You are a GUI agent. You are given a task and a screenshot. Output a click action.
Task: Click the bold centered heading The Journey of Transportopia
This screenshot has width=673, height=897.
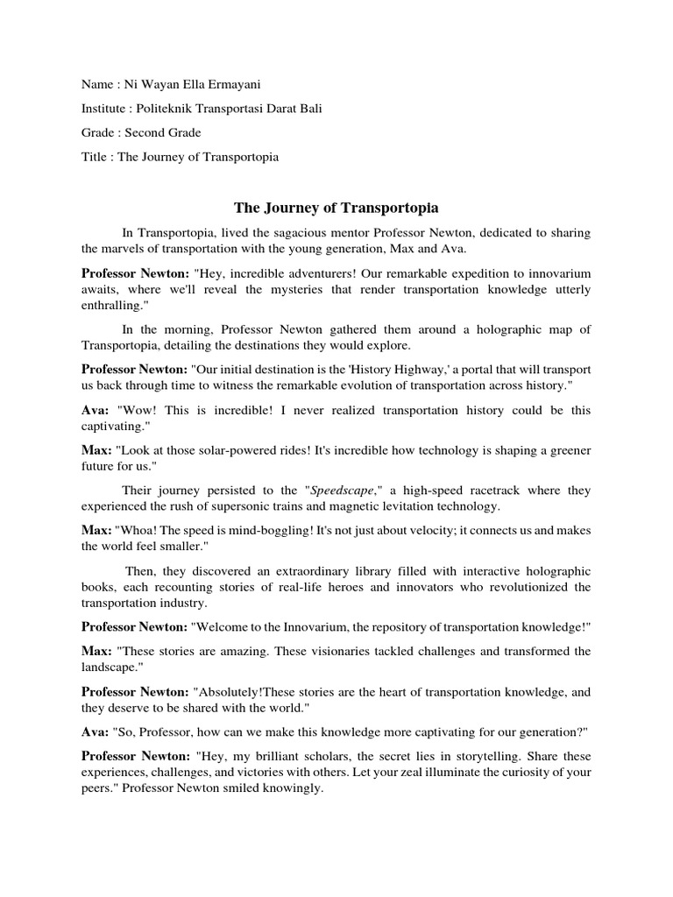[336, 208]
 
